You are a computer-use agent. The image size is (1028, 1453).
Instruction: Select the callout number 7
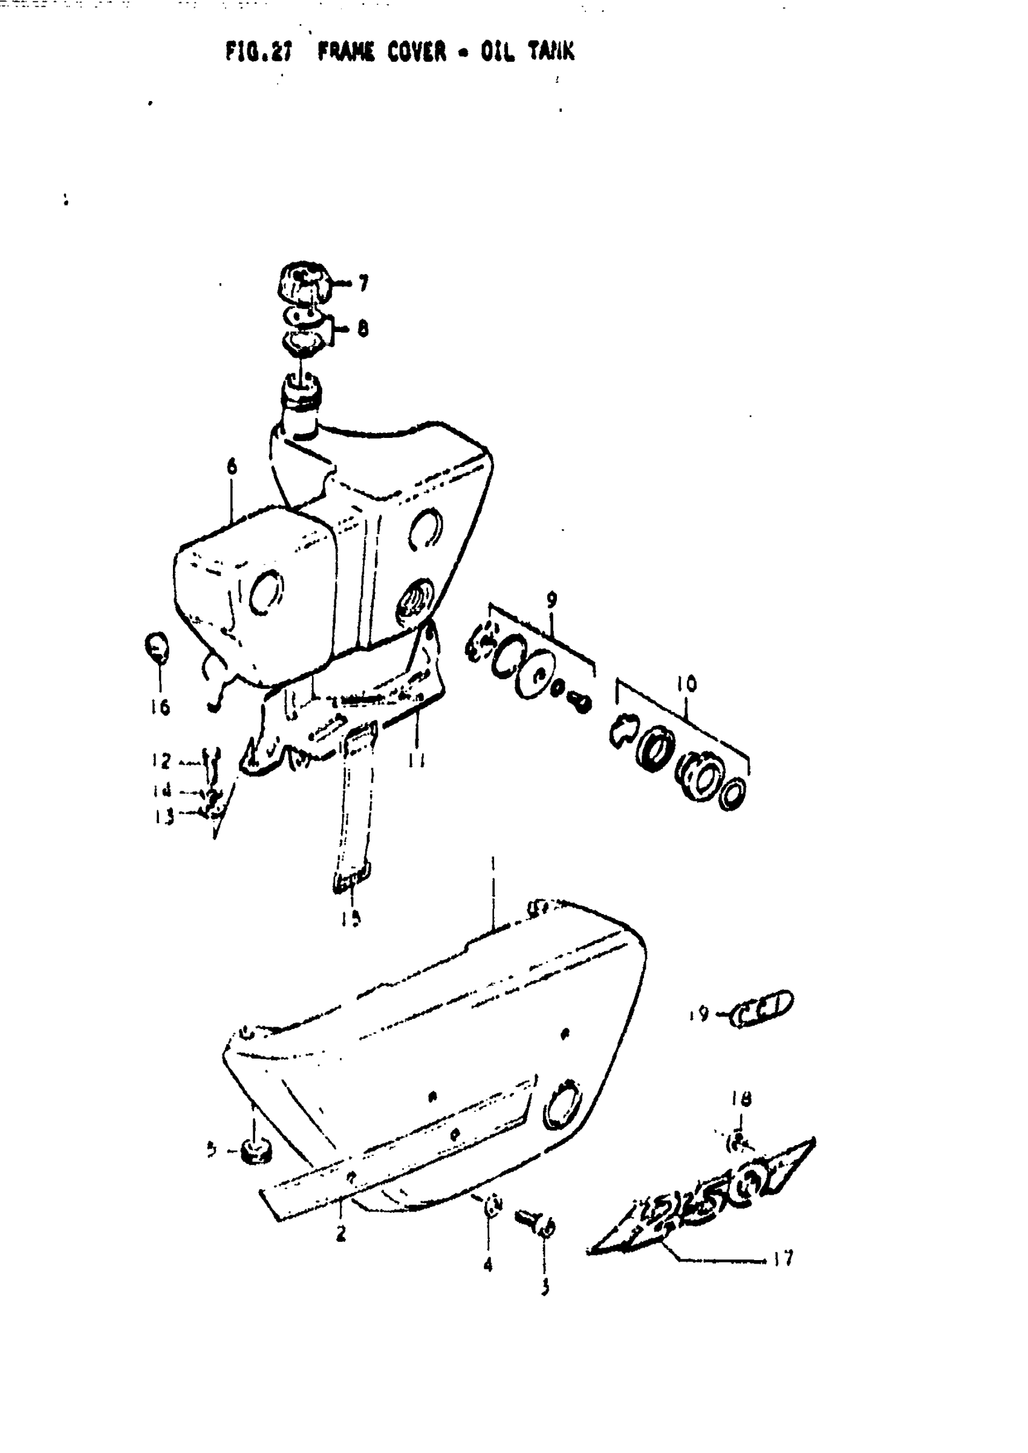(363, 283)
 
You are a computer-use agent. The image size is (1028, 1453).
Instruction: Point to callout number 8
(363, 328)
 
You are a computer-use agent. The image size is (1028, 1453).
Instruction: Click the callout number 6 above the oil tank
(232, 467)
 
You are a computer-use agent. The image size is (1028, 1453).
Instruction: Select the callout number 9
(551, 599)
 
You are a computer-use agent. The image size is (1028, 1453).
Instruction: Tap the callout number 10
(686, 684)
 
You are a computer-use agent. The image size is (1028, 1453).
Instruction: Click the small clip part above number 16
(157, 647)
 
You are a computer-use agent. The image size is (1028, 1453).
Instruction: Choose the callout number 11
(416, 760)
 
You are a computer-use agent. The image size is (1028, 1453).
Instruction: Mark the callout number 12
(162, 760)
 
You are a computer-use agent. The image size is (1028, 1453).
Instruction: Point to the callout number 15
(351, 918)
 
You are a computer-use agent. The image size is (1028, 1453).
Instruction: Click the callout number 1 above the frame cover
(492, 864)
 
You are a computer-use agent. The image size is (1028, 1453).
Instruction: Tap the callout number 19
(699, 1015)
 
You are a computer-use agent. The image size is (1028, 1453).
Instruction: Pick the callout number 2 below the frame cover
(340, 1234)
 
